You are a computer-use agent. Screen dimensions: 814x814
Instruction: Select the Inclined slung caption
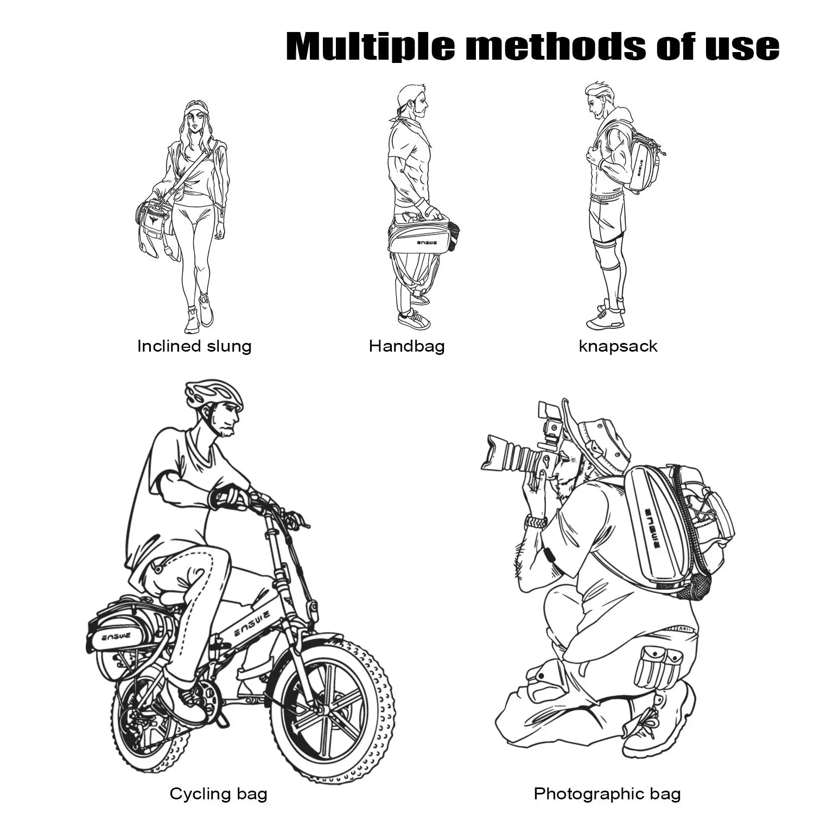pyautogui.click(x=194, y=346)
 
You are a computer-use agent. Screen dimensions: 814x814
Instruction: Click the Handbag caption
pyautogui.click(x=406, y=346)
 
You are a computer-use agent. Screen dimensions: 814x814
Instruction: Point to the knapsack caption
pyautogui.click(x=618, y=346)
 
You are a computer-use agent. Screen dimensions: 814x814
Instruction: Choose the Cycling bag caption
pyautogui.click(x=218, y=794)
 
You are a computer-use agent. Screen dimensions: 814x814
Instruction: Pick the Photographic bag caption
pyautogui.click(x=607, y=794)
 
